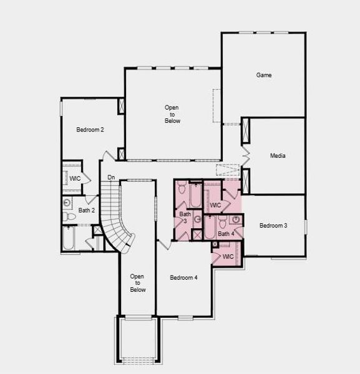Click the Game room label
tap(264, 75)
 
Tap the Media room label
tap(278, 156)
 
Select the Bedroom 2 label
tap(90, 130)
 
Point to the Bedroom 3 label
tap(273, 226)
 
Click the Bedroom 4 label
tap(183, 277)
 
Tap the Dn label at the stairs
tap(111, 178)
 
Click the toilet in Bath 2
tap(69, 216)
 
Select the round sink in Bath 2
tap(67, 203)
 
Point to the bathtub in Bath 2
tap(69, 238)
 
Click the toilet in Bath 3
tap(182, 188)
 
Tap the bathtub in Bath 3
tap(195, 195)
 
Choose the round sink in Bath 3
tap(198, 219)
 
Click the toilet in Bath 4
tap(223, 223)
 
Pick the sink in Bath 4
tap(236, 219)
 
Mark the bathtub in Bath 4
tap(210, 228)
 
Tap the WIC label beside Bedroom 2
tap(75, 178)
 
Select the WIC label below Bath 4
tap(228, 256)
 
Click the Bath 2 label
tap(87, 211)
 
